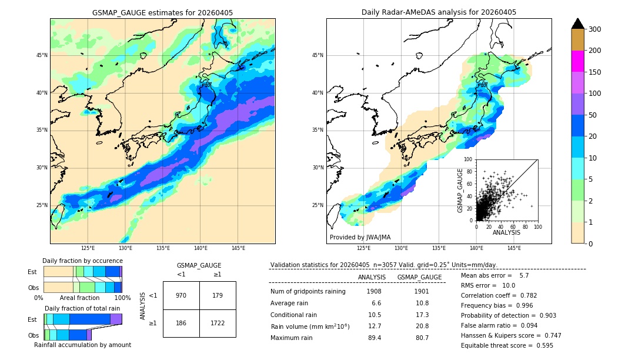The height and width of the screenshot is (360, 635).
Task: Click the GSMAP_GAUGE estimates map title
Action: [162, 12]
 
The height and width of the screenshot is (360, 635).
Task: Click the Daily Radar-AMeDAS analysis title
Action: [439, 12]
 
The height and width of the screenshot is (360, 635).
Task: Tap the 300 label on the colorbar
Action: [595, 29]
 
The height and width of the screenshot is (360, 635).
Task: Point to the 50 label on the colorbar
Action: [593, 115]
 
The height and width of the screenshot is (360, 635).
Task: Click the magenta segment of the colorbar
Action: [577, 61]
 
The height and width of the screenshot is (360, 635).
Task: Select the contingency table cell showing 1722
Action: [218, 324]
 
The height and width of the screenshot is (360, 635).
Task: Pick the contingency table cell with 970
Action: [181, 295]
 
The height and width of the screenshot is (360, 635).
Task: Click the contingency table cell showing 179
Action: [218, 295]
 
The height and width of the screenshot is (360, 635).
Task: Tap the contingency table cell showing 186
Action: [181, 324]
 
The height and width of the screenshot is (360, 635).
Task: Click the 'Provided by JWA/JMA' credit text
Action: [360, 238]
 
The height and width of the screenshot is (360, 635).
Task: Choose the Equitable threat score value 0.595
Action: [541, 345]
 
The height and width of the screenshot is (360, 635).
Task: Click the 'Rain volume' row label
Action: [310, 326]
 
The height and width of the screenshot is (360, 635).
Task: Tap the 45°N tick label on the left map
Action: [42, 55]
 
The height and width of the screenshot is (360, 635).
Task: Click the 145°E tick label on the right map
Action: [514, 248]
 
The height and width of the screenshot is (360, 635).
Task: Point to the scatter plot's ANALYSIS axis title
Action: [506, 232]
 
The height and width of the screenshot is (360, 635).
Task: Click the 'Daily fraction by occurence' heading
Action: [82, 261]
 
